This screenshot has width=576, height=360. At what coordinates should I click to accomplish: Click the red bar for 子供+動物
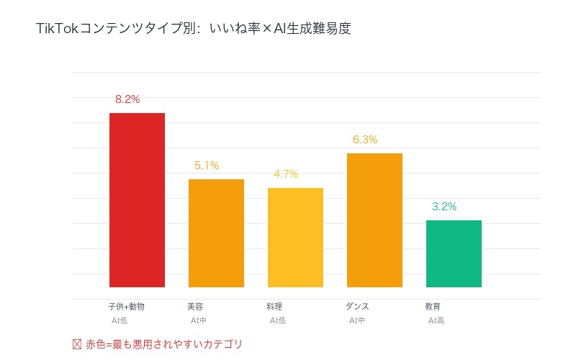click(x=137, y=200)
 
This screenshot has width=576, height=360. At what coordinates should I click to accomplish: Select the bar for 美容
click(x=216, y=233)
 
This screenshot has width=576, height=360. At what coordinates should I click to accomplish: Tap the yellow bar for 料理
click(x=295, y=238)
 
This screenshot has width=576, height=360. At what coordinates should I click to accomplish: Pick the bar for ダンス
click(x=374, y=220)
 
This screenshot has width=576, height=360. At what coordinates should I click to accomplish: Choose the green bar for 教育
click(x=454, y=253)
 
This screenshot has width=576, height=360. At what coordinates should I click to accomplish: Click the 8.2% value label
click(x=127, y=99)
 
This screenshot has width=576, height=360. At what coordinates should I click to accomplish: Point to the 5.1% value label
click(x=207, y=166)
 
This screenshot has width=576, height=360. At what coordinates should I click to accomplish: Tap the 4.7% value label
click(x=286, y=174)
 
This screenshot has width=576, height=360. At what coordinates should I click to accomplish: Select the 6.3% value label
click(x=365, y=140)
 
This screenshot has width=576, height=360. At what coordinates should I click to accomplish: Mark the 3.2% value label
click(x=444, y=207)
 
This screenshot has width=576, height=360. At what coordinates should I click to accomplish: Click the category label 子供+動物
click(x=126, y=307)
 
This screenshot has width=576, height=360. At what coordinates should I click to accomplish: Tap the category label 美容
click(x=195, y=307)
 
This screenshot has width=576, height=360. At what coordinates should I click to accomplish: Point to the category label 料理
click(x=274, y=307)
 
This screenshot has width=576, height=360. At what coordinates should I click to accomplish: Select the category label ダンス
click(x=357, y=307)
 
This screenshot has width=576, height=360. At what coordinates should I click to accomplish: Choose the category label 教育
click(x=433, y=307)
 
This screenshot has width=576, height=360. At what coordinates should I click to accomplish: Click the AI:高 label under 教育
click(x=436, y=320)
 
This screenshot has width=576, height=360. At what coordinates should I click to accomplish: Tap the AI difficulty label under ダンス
click(x=357, y=320)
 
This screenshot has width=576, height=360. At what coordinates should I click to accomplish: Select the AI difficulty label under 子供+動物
click(x=120, y=320)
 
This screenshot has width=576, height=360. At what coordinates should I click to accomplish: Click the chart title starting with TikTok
click(x=194, y=30)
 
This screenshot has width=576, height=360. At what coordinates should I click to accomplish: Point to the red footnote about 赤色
click(x=158, y=344)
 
